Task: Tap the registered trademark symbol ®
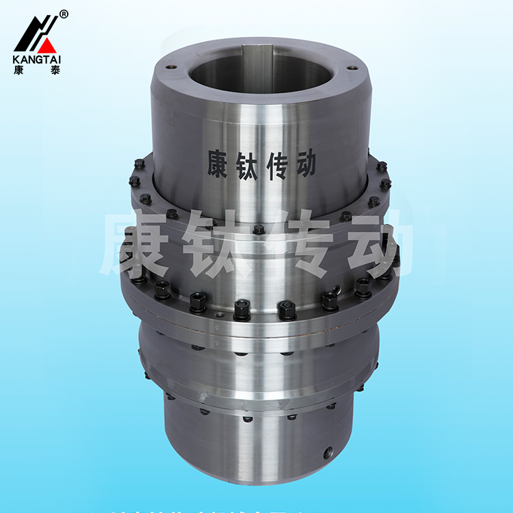point(64,14)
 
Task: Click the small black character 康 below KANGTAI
point(19,70)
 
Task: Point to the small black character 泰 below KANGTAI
point(55,70)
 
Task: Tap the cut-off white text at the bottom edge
point(256,509)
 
